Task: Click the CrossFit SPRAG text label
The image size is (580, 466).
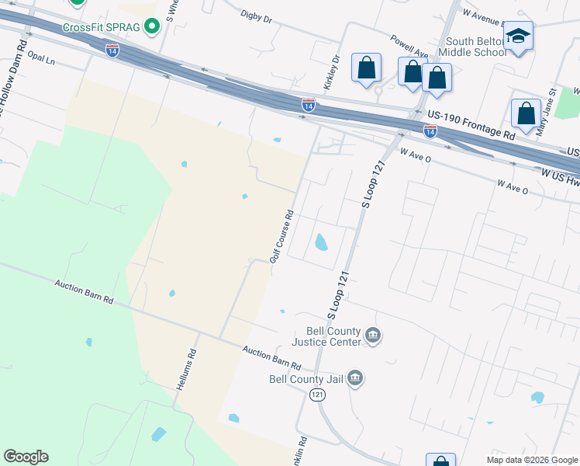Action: coord(102,27)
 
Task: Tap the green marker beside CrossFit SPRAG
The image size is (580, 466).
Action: coord(153,27)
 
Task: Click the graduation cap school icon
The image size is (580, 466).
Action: coord(517,36)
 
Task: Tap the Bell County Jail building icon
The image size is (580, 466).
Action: coord(355,378)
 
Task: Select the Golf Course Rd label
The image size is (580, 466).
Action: coord(281,236)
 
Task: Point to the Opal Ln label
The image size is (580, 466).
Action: coord(42,59)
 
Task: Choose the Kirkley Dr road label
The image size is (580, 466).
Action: coord(331,71)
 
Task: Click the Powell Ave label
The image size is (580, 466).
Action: coord(409,46)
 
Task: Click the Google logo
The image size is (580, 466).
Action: coord(26,457)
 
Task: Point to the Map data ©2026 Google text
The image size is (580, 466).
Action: coord(533,460)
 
